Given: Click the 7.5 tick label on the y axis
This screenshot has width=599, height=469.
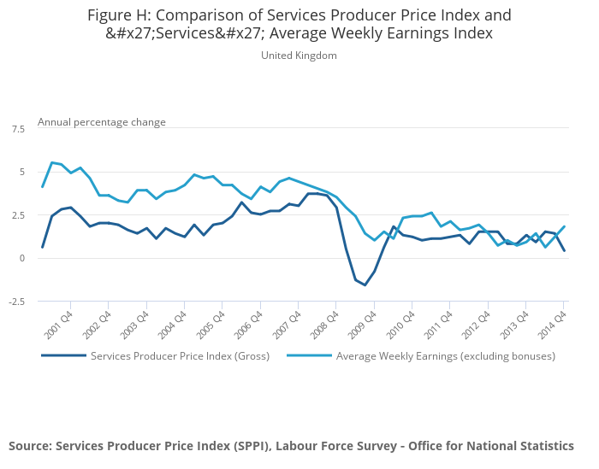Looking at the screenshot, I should point(18,128).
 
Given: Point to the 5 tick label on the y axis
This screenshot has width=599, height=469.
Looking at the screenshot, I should point(21,172).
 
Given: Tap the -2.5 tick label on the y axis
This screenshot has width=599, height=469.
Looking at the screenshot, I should point(17,302).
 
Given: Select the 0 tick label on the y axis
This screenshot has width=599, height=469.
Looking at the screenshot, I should point(21,258).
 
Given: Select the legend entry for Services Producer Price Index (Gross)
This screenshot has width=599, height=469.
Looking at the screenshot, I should point(180,356).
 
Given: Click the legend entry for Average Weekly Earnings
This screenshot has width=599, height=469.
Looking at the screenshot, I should point(446,356).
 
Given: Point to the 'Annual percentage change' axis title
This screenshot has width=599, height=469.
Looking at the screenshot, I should point(102,122).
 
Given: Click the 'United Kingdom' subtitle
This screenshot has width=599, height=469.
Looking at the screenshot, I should point(299,56).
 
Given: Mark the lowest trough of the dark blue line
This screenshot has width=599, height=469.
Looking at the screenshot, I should point(365,285).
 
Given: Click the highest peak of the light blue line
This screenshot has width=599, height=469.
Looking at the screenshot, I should point(52,162).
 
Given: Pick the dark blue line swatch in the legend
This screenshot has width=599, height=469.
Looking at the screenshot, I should point(63,356).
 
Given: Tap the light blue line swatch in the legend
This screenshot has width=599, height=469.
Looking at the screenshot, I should point(309,356).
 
